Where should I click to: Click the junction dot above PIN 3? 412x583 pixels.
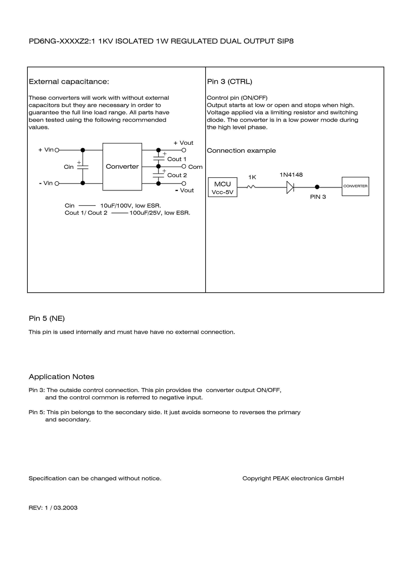[x=317, y=187]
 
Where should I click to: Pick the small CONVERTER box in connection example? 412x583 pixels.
[x=355, y=186]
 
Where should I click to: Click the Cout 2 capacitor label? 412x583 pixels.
[x=177, y=175]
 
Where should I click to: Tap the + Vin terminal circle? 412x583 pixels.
[x=57, y=150]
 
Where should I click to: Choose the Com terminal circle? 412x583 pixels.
[x=184, y=167]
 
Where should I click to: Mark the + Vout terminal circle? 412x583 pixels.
[x=184, y=150]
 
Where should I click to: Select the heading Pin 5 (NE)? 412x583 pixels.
[x=47, y=318]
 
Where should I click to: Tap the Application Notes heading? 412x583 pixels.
[x=61, y=377]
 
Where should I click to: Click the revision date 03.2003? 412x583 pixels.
[x=65, y=508]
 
